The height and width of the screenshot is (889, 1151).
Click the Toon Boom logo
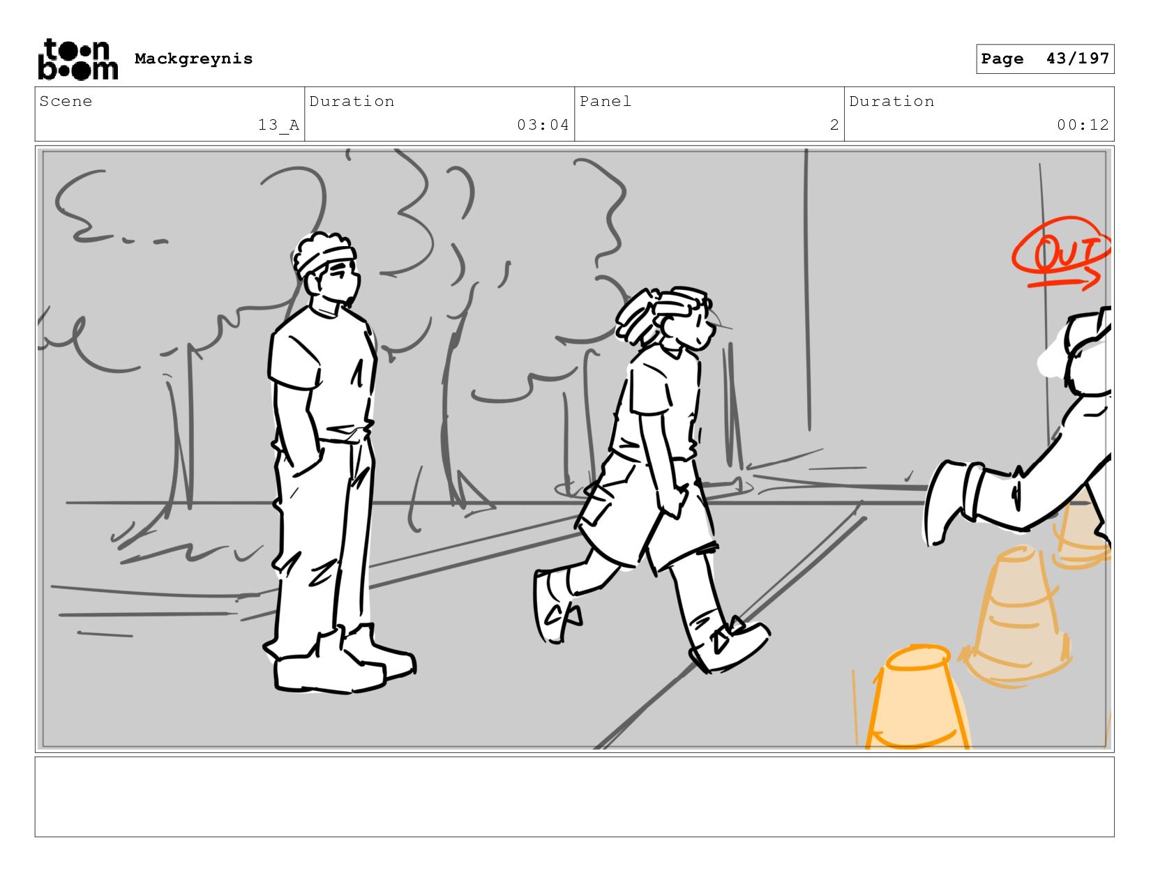tap(78, 59)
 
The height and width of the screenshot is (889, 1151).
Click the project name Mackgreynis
tap(193, 59)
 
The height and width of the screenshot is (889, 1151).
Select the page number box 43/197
tap(1044, 59)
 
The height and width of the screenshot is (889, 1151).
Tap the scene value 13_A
tap(278, 125)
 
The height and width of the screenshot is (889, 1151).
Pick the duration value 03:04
tap(543, 125)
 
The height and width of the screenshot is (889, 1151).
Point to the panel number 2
tap(834, 125)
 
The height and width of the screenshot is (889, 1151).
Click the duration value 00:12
tap(1083, 125)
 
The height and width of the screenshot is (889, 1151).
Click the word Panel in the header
tap(605, 101)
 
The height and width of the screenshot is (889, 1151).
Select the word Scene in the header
tap(66, 101)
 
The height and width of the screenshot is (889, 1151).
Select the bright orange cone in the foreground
tap(918, 699)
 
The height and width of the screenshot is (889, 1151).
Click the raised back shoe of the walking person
tap(556, 606)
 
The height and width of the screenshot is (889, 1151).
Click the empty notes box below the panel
tap(574, 796)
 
